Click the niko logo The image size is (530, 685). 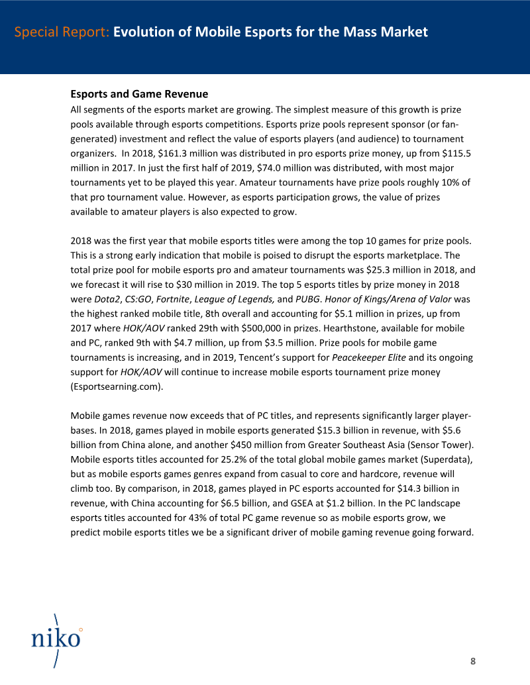(x=56, y=639)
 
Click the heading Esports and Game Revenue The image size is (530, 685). (x=139, y=94)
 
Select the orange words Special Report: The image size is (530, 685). (x=62, y=32)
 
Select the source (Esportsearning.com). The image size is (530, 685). (x=117, y=387)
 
